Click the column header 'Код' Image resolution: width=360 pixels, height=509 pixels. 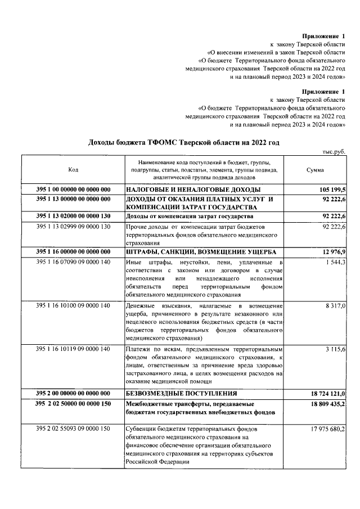[x=73, y=170]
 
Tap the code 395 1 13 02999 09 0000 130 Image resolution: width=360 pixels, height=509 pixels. [x=73, y=226]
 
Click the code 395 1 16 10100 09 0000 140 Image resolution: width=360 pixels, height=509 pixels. [x=73, y=305]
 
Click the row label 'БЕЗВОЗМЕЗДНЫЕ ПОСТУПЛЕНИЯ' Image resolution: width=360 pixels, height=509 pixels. [x=181, y=393]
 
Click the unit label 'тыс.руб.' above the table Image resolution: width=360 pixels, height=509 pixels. [x=334, y=151]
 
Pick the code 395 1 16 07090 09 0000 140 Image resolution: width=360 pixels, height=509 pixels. [x=73, y=263]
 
